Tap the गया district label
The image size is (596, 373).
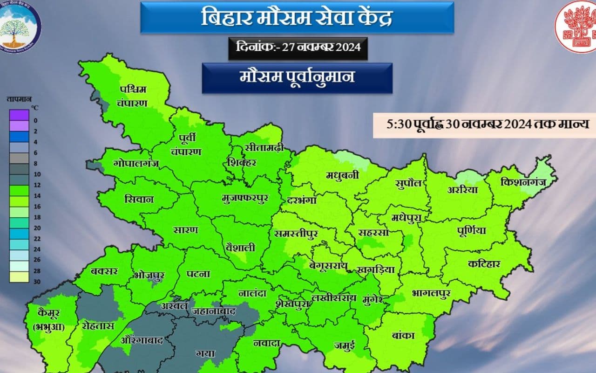(x=205, y=353)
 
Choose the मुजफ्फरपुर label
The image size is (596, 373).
(x=245, y=198)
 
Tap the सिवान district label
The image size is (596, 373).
(x=139, y=199)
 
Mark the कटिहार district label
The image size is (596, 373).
(x=484, y=264)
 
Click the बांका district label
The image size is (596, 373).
(x=403, y=335)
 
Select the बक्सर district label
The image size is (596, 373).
(x=105, y=271)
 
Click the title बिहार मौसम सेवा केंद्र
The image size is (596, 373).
(x=297, y=18)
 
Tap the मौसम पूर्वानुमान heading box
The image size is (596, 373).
(x=297, y=77)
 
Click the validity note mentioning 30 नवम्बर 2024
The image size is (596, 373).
(x=484, y=124)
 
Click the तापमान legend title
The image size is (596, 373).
(x=19, y=99)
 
